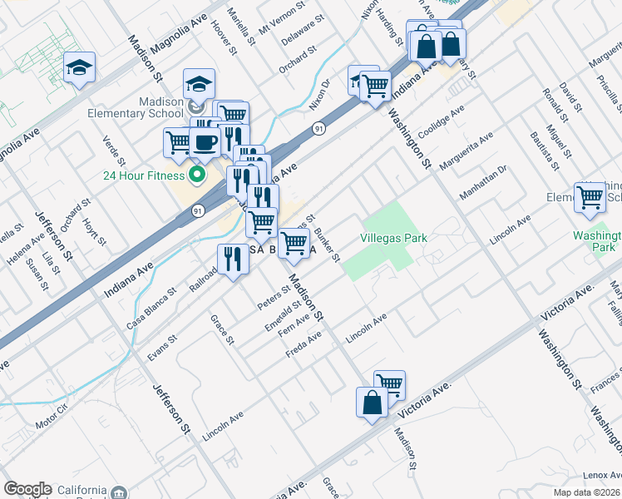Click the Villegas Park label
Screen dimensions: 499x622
point(394,238)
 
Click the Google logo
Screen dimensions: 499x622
point(27,489)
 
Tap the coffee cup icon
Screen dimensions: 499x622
point(205,141)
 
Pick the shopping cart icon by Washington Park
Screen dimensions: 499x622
point(590,198)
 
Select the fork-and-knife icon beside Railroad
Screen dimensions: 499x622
point(231,259)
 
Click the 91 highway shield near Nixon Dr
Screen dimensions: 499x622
point(319,128)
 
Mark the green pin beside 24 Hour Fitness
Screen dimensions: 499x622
point(197,175)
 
